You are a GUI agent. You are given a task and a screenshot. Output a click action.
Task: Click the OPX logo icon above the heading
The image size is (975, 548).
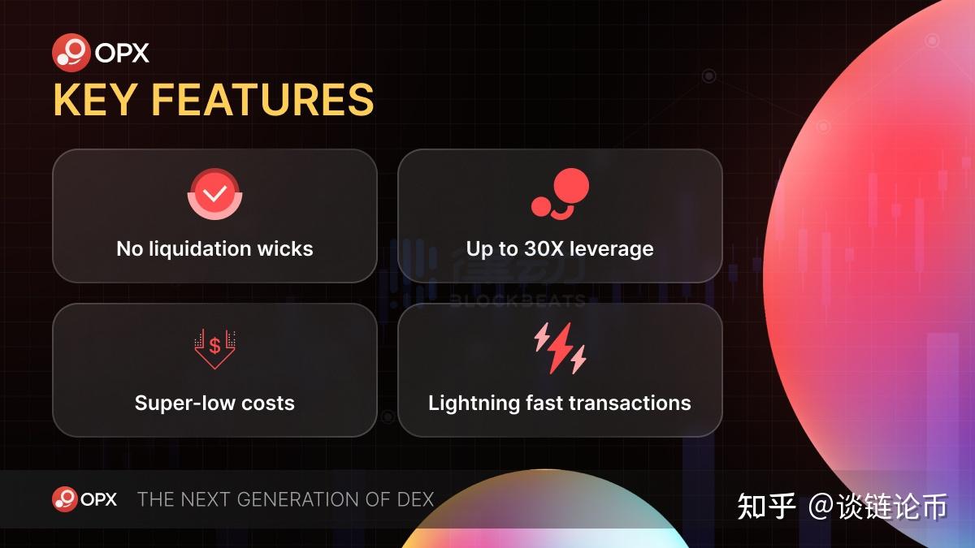tap(71, 53)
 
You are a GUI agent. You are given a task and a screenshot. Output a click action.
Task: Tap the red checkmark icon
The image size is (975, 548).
tap(214, 193)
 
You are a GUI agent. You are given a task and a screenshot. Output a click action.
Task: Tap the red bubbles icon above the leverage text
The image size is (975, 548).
tap(560, 193)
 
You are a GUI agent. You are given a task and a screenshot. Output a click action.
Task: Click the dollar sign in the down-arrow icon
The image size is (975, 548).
tap(214, 346)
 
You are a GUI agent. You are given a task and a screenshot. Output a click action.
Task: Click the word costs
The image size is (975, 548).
tap(267, 403)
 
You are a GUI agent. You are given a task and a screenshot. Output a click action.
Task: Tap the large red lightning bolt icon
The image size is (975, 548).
tap(560, 348)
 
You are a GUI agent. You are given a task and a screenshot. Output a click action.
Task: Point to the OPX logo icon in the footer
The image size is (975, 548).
tap(65, 498)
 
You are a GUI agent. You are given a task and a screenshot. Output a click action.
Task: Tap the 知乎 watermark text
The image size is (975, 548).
tap(766, 507)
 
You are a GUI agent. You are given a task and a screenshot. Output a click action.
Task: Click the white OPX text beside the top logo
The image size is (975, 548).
tap(122, 53)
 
